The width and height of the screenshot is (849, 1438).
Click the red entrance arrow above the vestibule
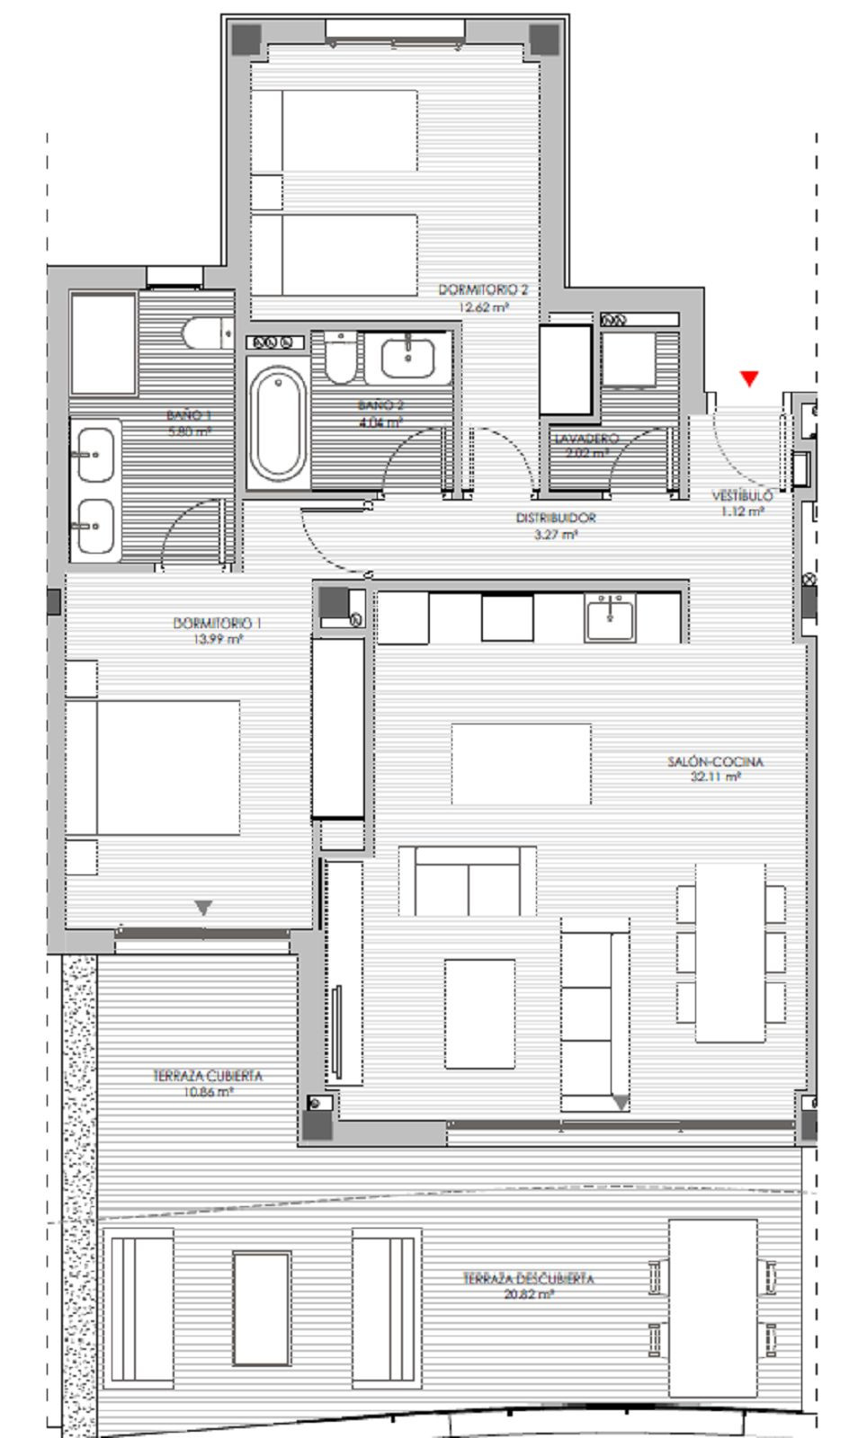coord(749,378)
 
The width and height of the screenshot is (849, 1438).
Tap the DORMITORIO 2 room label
coord(483,290)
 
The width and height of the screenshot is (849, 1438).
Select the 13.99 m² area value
coord(221,639)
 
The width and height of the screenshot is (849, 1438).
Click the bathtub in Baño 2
coord(277,422)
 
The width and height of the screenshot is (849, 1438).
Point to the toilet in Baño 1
coord(205,334)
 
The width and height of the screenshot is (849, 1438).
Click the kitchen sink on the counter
coord(610,617)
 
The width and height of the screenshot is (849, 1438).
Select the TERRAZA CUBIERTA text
coord(208,1076)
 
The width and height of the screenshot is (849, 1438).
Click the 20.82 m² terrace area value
coord(528,1294)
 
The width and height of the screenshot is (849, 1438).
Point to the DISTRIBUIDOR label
coord(555,518)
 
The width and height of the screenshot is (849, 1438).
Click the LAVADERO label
coord(586,439)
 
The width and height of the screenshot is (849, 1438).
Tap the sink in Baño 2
coord(410,356)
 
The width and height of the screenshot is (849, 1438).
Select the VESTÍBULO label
coord(742,495)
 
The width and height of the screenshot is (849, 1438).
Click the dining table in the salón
coord(730,953)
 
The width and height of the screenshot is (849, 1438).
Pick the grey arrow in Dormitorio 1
coord(204,908)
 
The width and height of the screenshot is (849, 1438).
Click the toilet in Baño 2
coord(340,359)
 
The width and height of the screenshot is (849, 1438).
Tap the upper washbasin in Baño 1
coord(94,455)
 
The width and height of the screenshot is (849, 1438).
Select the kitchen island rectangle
coord(521,764)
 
